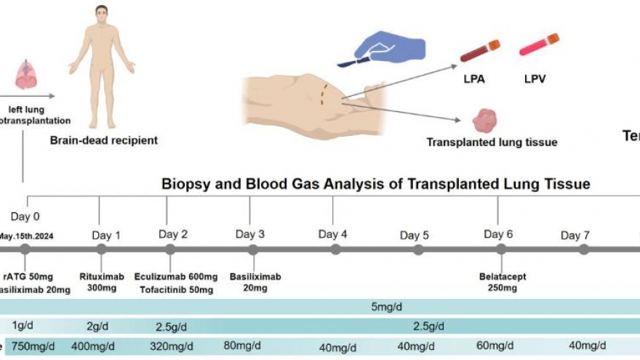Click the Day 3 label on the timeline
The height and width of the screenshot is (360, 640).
[x=249, y=234]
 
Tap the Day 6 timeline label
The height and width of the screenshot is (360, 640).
[x=498, y=234]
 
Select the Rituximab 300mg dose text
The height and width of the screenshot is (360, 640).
[x=101, y=282]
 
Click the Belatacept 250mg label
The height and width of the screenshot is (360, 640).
[x=503, y=282]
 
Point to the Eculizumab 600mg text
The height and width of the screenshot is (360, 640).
[x=175, y=277]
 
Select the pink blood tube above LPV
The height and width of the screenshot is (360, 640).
[x=539, y=45]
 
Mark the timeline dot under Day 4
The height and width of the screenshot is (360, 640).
[x=335, y=249]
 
